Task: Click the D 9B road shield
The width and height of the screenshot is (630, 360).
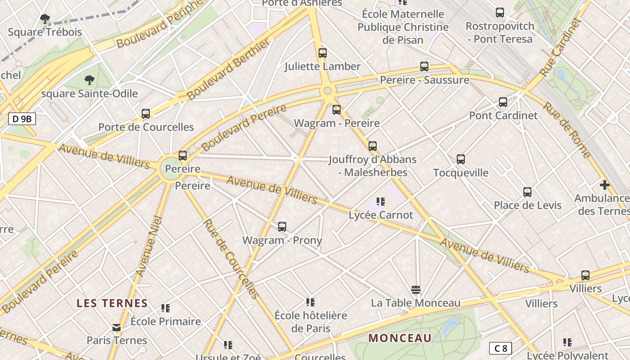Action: pyautogui.click(x=22, y=119)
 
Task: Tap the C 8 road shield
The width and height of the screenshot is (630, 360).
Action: pyautogui.click(x=500, y=348)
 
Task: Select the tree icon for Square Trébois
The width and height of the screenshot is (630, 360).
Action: pyautogui.click(x=45, y=19)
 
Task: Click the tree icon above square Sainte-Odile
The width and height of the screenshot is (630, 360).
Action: pyautogui.click(x=90, y=80)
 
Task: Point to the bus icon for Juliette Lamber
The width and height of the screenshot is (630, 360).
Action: pyautogui.click(x=322, y=53)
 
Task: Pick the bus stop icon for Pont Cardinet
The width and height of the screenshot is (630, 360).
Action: pyautogui.click(x=503, y=102)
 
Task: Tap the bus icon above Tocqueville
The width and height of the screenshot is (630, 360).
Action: pyautogui.click(x=460, y=159)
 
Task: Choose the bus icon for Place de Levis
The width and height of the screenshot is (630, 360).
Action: pyautogui.click(x=527, y=192)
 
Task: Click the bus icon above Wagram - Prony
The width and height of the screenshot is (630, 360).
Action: pyautogui.click(x=282, y=227)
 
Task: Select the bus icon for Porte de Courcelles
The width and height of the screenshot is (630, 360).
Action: pyautogui.click(x=146, y=114)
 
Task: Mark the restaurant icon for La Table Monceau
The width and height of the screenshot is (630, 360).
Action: pyautogui.click(x=415, y=289)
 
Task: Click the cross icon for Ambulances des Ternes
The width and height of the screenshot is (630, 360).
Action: pyautogui.click(x=604, y=184)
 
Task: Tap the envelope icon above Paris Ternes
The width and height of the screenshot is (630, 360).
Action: pyautogui.click(x=117, y=327)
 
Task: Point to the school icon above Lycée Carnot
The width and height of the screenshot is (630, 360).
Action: pyautogui.click(x=381, y=202)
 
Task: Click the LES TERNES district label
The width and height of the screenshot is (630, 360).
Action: pyautogui.click(x=112, y=303)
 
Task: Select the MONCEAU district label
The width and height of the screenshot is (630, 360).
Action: pyautogui.click(x=400, y=338)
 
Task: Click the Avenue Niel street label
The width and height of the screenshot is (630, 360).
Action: pyautogui.click(x=149, y=246)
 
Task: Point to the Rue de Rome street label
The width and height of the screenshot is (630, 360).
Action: pyautogui.click(x=567, y=130)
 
